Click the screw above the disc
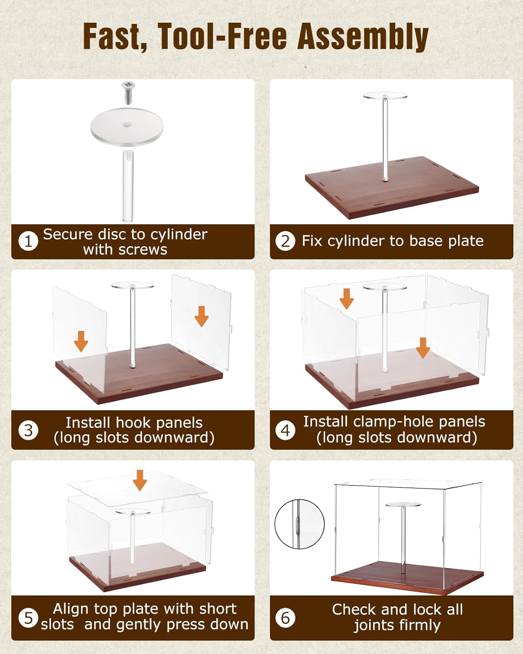coord(129,92)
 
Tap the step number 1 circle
coord(28,241)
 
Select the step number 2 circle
coord(285,241)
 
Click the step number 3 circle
coord(28,430)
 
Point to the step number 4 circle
coord(285,430)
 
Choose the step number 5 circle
coord(28,618)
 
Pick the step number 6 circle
coord(285,618)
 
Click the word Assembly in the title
coord(363,37)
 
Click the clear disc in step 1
coord(127,127)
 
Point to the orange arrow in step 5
coord(140,480)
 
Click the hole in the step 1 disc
coord(127,125)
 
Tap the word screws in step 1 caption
coord(143,250)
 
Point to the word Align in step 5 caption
coord(71,609)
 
